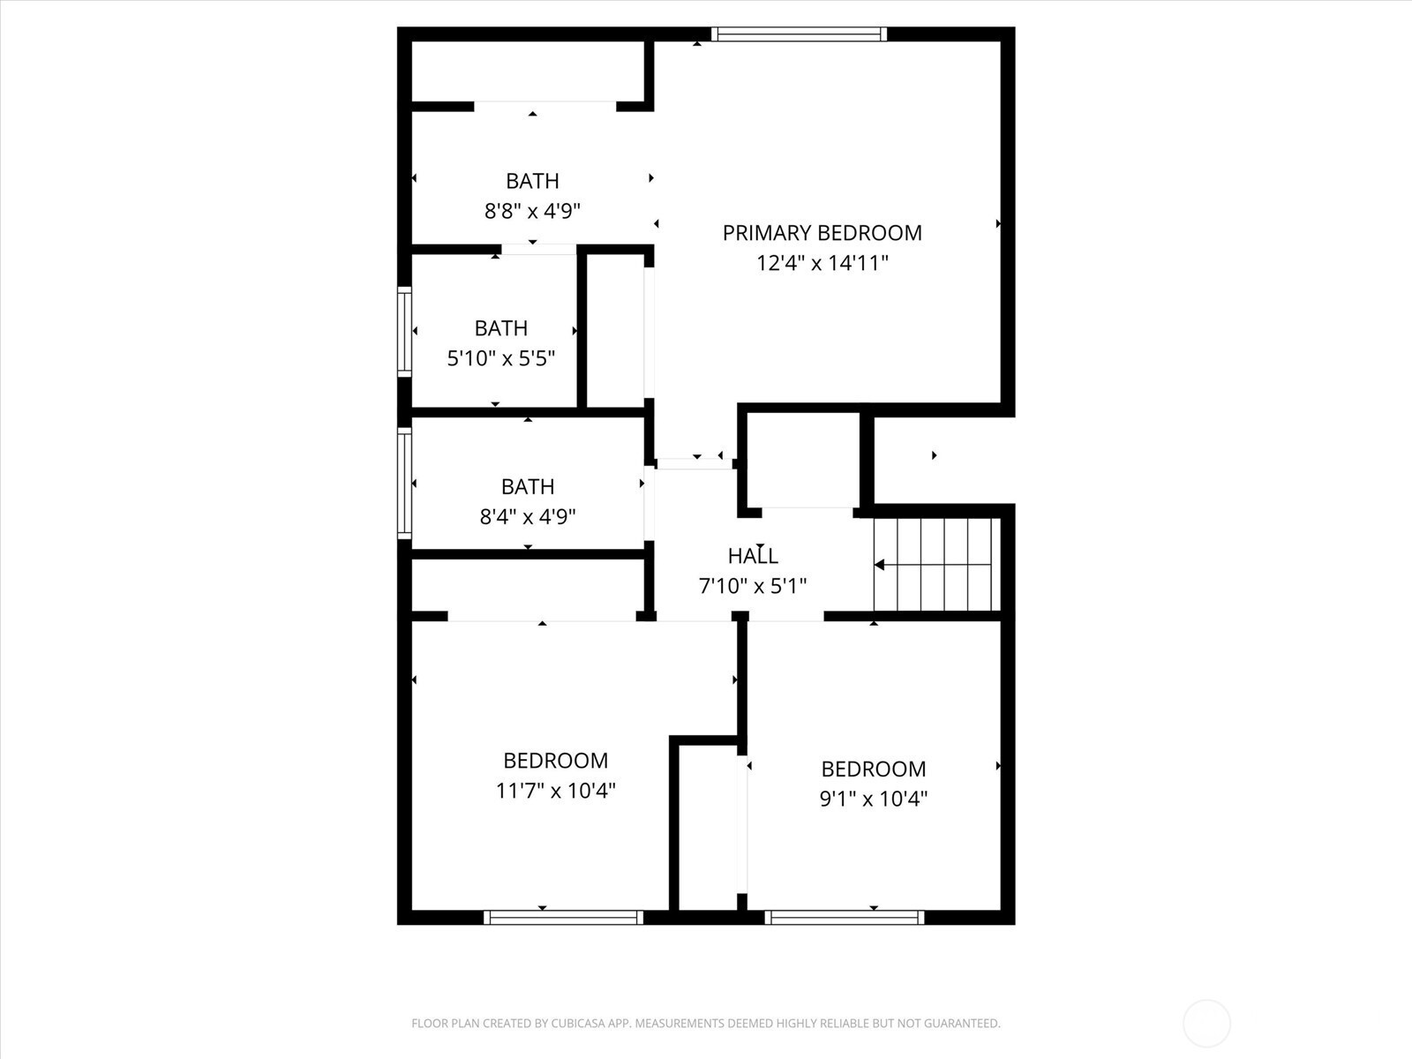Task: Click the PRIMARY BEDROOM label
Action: point(822,233)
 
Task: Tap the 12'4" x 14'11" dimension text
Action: point(822,263)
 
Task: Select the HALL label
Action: point(753,556)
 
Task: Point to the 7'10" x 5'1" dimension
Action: point(753,586)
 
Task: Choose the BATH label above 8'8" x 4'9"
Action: point(532,181)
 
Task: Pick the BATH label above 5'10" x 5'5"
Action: point(501,328)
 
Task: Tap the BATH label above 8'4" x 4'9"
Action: point(528,487)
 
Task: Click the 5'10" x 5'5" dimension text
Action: point(501,358)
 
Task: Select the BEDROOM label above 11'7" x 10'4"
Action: point(556,761)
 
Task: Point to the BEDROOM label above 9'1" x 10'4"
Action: point(874,769)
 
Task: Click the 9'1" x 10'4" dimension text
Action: point(874,799)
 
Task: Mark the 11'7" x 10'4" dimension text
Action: point(556,790)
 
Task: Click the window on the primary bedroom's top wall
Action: point(799,34)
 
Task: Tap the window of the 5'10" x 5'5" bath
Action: point(404,332)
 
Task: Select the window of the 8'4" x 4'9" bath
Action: point(404,484)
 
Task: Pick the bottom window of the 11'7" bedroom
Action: point(564,918)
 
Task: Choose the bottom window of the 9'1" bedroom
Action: point(845,918)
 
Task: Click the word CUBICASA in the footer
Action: point(579,1023)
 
